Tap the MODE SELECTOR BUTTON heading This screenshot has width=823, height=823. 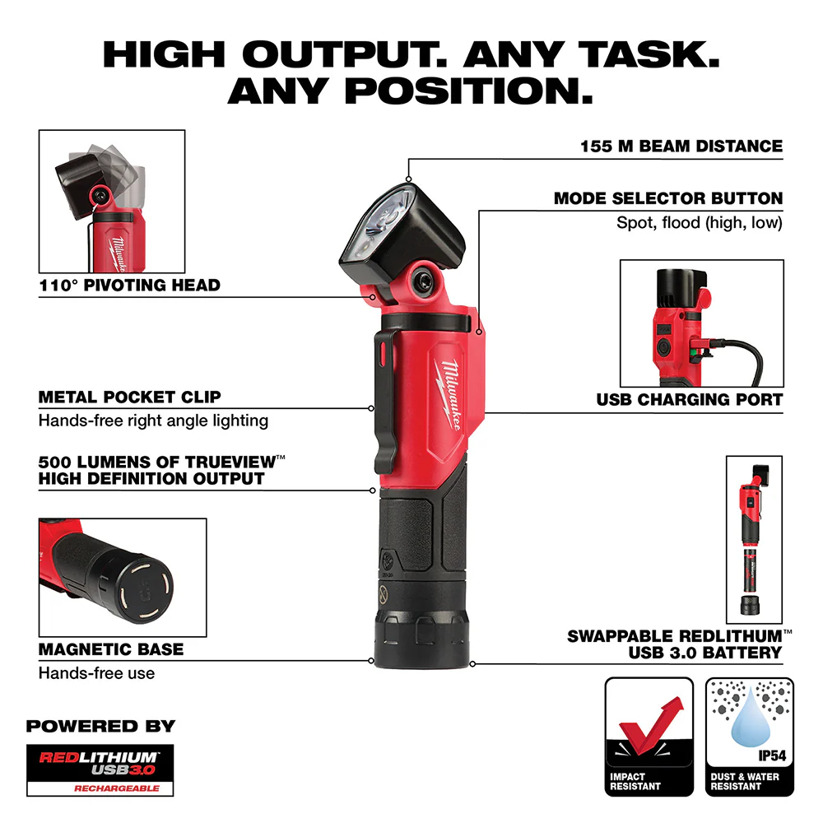pyautogui.click(x=667, y=198)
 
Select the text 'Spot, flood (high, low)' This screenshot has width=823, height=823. pyautogui.click(x=700, y=223)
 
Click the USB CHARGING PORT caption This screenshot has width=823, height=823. pyautogui.click(x=690, y=401)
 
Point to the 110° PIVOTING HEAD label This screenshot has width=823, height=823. pyautogui.click(x=129, y=286)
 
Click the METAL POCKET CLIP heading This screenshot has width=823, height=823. pyautogui.click(x=129, y=397)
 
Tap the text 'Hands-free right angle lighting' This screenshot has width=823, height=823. pyautogui.click(x=153, y=421)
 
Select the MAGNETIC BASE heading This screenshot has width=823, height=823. pyautogui.click(x=111, y=649)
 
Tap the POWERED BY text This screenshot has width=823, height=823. pyautogui.click(x=100, y=726)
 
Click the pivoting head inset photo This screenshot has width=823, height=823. pyautogui.click(x=112, y=201)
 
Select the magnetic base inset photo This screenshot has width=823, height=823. pyautogui.click(x=122, y=576)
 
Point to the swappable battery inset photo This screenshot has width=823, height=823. pyautogui.click(x=754, y=538)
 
